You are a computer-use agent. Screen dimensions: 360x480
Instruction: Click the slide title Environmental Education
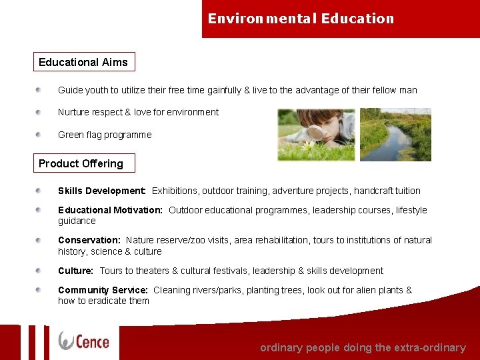tap(301, 19)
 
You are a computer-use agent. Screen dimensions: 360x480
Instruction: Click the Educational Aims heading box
tap(83, 62)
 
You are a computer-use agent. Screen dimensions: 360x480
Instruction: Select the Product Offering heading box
tap(81, 163)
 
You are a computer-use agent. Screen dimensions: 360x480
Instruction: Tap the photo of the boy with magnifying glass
tap(316, 135)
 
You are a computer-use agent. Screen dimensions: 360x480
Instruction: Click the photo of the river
tap(395, 135)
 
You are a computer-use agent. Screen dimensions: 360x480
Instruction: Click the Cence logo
tap(83, 341)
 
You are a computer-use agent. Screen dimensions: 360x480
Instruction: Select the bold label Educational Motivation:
tap(110, 210)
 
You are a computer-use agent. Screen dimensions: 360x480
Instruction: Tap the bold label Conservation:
tap(89, 240)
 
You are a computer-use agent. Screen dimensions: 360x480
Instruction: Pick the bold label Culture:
tap(75, 271)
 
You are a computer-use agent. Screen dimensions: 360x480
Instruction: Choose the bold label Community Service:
tap(103, 290)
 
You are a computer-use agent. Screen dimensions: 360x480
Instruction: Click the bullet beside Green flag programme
tap(40, 134)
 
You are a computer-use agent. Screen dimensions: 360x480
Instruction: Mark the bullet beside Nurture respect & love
tap(40, 112)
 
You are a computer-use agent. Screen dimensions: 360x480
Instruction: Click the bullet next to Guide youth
tap(40, 89)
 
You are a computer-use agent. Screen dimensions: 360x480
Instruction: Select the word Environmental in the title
tap(263, 19)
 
